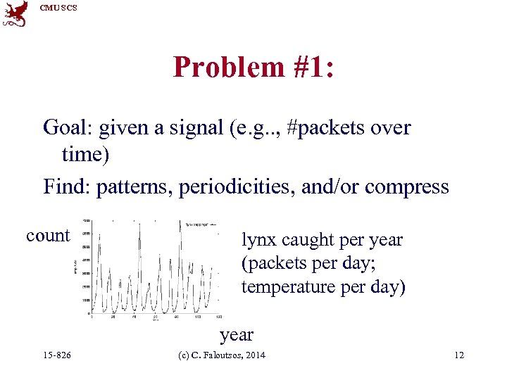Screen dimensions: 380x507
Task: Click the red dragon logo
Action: (15, 14)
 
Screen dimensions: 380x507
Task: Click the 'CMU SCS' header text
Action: (58, 8)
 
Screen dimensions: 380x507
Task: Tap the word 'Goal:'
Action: (68, 127)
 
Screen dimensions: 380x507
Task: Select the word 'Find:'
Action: (67, 187)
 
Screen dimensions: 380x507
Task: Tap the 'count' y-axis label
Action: (48, 236)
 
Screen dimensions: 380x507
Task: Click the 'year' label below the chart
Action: (236, 335)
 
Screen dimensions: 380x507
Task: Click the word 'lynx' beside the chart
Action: (258, 240)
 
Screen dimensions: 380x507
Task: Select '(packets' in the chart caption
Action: (270, 264)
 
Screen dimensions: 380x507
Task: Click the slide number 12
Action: (459, 355)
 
